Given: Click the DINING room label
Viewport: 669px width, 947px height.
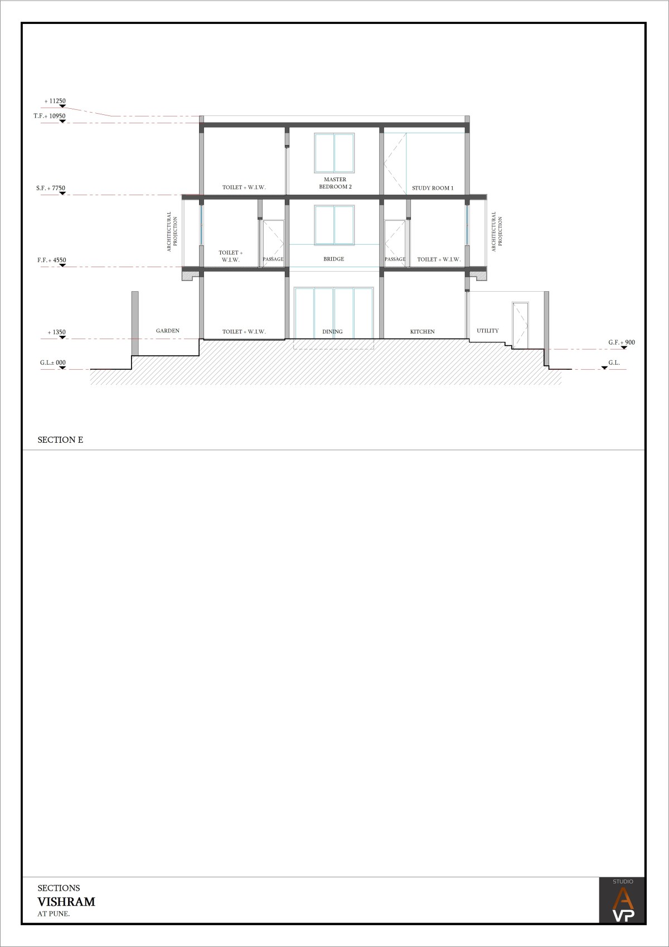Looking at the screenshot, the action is click(332, 331).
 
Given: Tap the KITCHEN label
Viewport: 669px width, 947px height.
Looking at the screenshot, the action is click(422, 331).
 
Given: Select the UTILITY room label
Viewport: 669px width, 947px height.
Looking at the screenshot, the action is click(488, 331).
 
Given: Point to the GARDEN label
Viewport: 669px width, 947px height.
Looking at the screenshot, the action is click(168, 331).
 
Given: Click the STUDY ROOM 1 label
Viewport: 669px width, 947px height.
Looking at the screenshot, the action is click(433, 188).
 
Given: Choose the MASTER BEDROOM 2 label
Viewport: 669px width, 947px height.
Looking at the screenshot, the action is click(335, 183).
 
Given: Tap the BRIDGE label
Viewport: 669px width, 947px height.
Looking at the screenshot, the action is click(334, 259).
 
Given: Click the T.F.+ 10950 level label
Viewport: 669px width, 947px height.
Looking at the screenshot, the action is click(50, 116).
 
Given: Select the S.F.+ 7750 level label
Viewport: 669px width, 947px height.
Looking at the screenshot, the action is click(51, 188).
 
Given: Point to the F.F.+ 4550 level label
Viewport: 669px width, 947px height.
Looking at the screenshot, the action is click(51, 260).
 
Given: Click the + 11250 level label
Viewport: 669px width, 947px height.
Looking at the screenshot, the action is click(55, 101).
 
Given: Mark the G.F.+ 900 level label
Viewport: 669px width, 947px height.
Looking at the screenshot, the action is click(622, 342).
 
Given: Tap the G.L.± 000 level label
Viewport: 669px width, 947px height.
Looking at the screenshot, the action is click(53, 363).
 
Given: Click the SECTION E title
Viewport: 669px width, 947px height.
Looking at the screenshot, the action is click(60, 439).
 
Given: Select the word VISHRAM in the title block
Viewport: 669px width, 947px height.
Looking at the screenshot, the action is click(66, 902).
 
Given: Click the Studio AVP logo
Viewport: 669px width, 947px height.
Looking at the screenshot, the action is click(622, 900).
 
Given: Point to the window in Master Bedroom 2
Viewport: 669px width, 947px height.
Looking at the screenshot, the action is click(334, 153).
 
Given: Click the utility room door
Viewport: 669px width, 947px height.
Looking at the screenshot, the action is click(520, 326).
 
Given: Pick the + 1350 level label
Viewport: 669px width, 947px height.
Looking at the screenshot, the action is click(57, 332).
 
